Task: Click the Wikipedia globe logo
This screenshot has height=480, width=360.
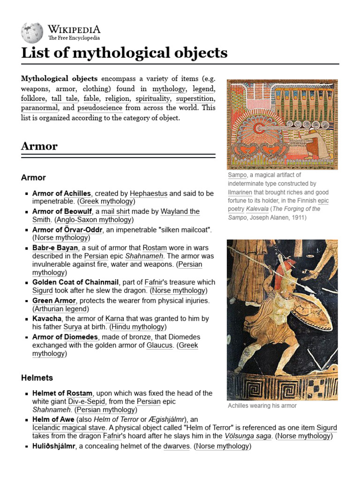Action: pyautogui.click(x=32, y=32)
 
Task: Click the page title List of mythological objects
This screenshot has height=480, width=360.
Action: pyautogui.click(x=124, y=52)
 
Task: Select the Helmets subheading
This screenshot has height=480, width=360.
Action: pyautogui.click(x=37, y=377)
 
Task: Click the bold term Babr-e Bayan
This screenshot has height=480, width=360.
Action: pyautogui.click(x=55, y=247)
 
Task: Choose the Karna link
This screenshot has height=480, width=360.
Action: pyautogui.click(x=115, y=318)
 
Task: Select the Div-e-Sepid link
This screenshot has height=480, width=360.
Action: pyautogui.click(x=88, y=402)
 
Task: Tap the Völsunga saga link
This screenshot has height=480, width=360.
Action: pyautogui.click(x=248, y=436)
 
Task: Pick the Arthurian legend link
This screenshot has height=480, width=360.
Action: pyautogui.click(x=60, y=309)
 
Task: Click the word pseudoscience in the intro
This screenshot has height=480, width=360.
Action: pyautogui.click(x=100, y=108)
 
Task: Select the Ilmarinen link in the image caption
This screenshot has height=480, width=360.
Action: pyautogui.click(x=240, y=192)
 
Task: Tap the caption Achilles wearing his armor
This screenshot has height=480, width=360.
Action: pyautogui.click(x=262, y=405)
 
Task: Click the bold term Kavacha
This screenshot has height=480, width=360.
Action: pyautogui.click(x=47, y=318)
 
